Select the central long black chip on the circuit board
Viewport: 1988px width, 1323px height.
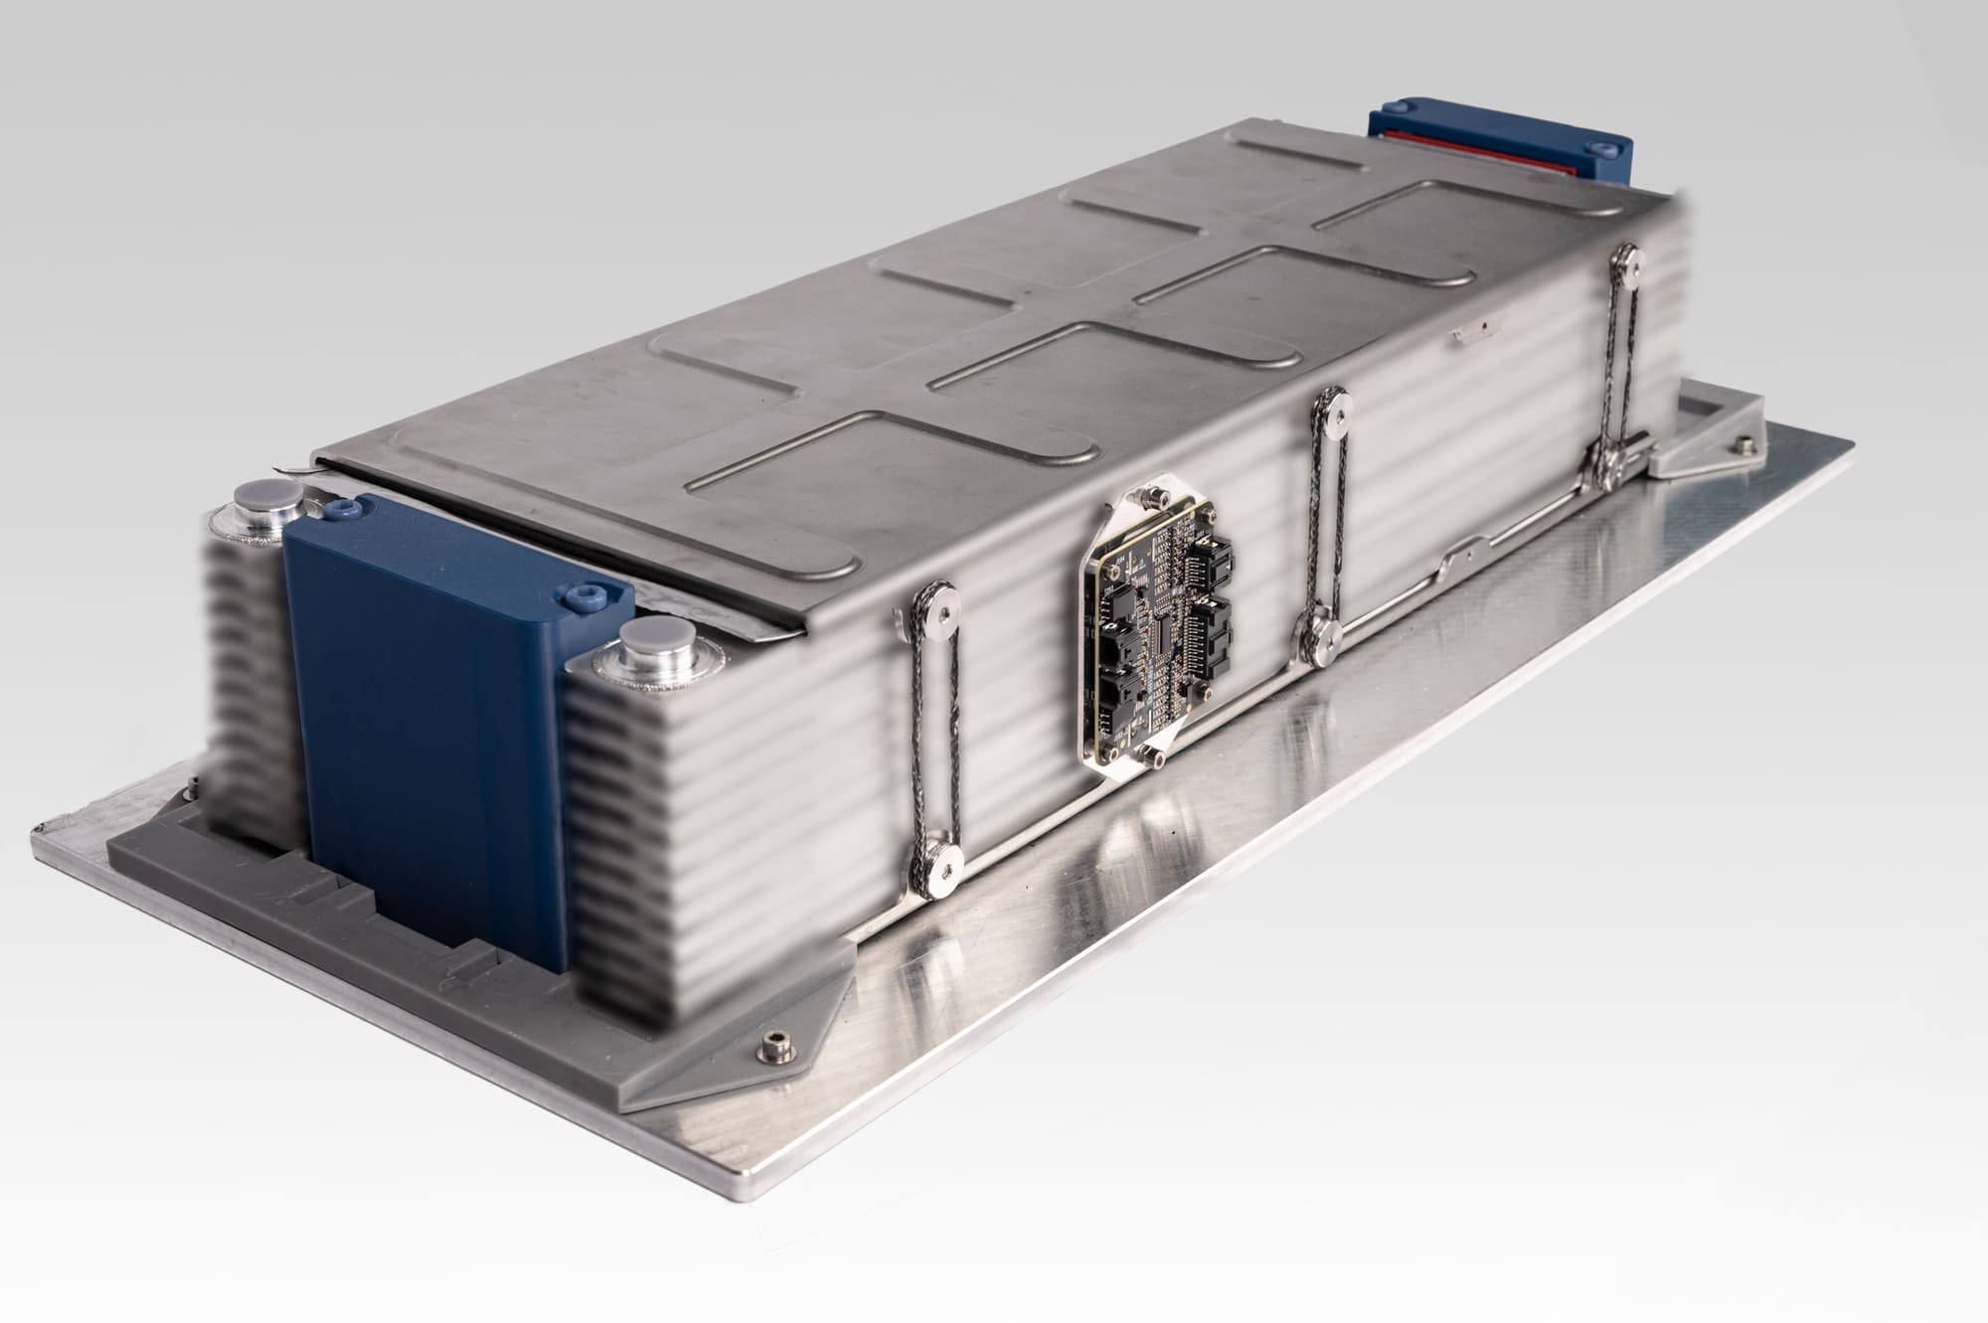pos(1160,636)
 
